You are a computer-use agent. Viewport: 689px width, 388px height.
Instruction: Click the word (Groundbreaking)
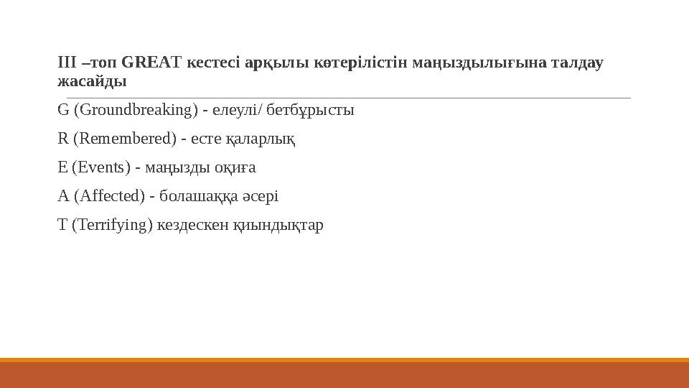135,111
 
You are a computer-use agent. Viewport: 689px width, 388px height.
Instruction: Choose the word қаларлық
265,139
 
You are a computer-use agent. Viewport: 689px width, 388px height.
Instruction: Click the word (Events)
101,168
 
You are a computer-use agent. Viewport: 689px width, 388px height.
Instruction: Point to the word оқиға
238,168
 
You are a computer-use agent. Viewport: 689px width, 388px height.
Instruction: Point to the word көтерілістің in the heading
348,63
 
